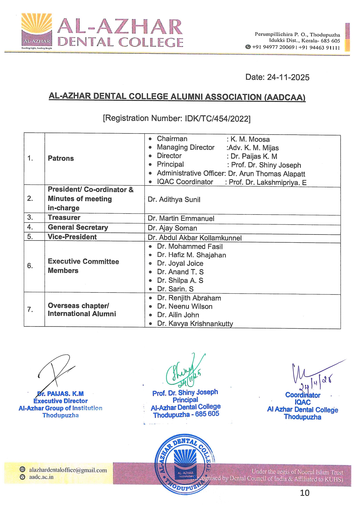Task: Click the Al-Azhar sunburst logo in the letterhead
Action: pos(37,30)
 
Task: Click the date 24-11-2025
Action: pos(288,77)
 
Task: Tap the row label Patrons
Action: pos(61,158)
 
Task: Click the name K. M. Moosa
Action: pos(250,139)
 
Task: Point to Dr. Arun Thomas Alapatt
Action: pos(267,174)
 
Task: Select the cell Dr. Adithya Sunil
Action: pos(174,200)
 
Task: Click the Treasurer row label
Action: pos(64,218)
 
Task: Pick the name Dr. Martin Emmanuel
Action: pos(181,219)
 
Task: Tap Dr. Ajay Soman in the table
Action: pos(172,228)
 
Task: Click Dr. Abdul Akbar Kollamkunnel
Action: pos(195,238)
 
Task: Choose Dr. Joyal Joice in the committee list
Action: pos(180,263)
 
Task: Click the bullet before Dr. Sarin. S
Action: pos(150,289)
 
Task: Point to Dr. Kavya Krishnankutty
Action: pos(195,324)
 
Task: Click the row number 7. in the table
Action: pos(30,310)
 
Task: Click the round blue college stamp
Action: pos(185,464)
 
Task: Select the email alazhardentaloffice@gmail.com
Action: pos(68,470)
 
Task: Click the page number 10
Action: pos(305,493)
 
